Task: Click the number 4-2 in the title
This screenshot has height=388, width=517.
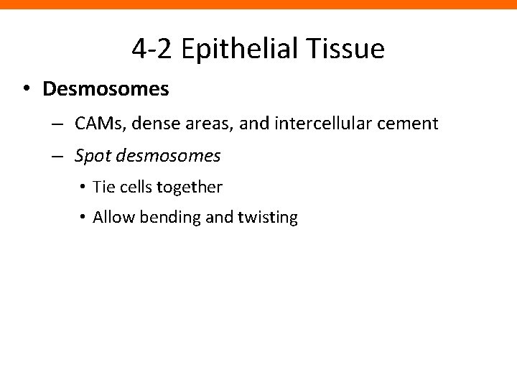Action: pyautogui.click(x=152, y=49)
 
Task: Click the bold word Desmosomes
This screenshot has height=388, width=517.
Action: pyautogui.click(x=106, y=89)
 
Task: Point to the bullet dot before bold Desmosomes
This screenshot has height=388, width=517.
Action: pyautogui.click(x=25, y=89)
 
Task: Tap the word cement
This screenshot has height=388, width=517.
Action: pyautogui.click(x=406, y=124)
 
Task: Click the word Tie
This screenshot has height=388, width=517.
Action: pyautogui.click(x=103, y=188)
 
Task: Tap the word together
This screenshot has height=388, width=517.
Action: pyautogui.click(x=192, y=188)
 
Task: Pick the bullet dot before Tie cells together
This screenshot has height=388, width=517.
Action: pyautogui.click(x=83, y=188)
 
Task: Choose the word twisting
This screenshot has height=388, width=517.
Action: pyautogui.click(x=266, y=217)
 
